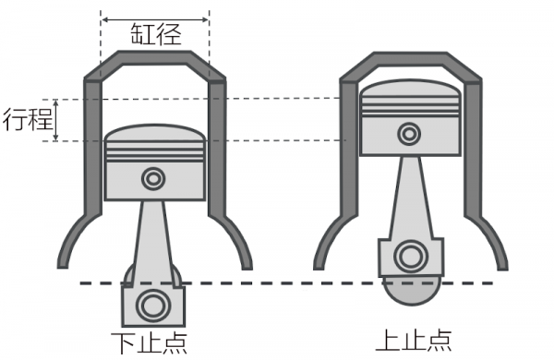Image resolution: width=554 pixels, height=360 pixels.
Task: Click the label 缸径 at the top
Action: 156,34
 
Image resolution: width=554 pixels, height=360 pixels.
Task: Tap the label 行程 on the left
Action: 28,119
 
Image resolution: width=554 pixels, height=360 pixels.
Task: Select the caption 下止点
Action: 149,343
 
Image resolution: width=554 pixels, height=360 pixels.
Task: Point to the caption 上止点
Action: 414,341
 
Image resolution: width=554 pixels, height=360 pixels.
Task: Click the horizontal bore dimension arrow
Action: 155,19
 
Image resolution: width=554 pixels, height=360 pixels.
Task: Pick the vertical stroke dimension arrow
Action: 55,120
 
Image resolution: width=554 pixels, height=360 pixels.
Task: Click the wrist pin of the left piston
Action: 153,179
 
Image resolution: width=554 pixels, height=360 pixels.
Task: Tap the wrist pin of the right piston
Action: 409,134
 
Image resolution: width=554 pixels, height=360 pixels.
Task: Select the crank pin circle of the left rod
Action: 153,306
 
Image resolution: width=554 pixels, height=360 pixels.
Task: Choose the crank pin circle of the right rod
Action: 411,256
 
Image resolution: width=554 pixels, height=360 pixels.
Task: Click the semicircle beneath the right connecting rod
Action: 411,292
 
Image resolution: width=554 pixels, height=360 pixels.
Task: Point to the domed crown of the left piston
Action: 155,133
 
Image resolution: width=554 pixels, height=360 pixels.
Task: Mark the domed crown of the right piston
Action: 410,88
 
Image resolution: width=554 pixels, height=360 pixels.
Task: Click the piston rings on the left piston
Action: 155,152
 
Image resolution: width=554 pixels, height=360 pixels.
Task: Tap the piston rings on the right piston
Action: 410,106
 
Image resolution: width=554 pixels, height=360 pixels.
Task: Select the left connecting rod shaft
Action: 153,240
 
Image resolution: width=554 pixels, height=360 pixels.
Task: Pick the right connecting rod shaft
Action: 411,198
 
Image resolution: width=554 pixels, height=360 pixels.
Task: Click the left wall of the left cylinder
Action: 93,148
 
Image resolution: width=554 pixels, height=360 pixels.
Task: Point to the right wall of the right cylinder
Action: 473,149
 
